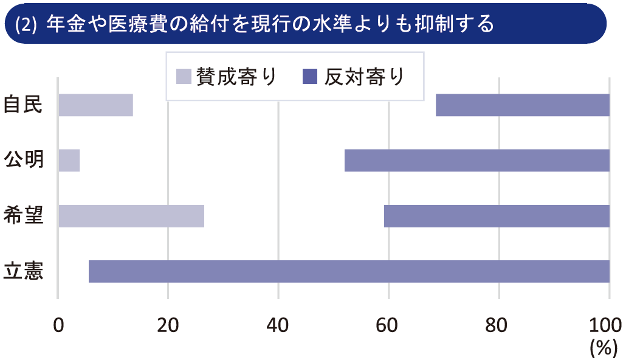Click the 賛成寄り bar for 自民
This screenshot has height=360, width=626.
point(95,105)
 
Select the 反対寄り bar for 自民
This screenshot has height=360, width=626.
point(523,105)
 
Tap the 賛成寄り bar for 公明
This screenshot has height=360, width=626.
point(69,161)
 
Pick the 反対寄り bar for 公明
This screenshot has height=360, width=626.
point(477,161)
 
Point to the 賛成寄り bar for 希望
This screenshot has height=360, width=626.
point(131,216)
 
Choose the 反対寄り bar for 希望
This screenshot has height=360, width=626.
point(497,216)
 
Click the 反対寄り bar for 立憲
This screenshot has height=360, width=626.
point(349,271)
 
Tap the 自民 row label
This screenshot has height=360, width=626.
point(22,105)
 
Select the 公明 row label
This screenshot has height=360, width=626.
point(22,161)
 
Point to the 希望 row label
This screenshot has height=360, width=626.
point(22,216)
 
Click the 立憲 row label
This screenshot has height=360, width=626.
point(22,271)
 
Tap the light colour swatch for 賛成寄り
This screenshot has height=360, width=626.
point(184,77)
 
